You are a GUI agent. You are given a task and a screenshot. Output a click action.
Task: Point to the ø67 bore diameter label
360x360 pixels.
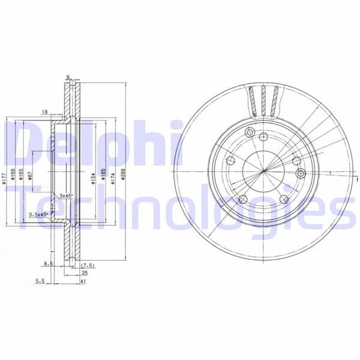coord(30,178)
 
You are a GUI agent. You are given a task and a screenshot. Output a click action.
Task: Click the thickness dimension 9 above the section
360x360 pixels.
coord(68,77)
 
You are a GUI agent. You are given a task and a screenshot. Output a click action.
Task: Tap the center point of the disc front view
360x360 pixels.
coord(264,173)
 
